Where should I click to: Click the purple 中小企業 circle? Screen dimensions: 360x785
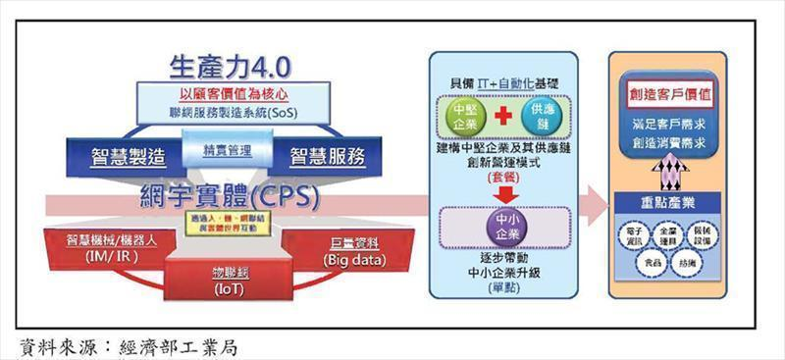click(x=500, y=225)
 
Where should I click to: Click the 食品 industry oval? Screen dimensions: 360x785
click(x=652, y=263)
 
